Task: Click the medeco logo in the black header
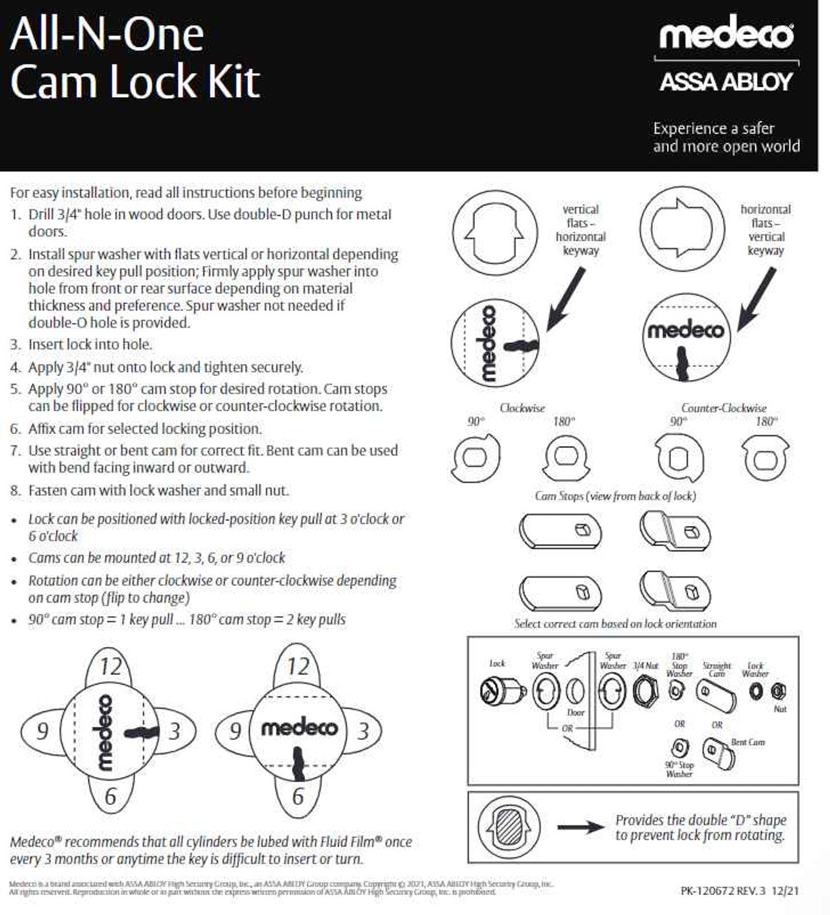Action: tap(725, 35)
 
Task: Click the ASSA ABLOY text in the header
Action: tap(726, 81)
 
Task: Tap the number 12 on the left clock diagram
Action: tap(110, 667)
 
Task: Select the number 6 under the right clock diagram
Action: tap(298, 796)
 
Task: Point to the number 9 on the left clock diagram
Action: tap(42, 731)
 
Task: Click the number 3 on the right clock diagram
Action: tap(364, 731)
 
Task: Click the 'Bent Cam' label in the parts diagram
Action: tap(747, 742)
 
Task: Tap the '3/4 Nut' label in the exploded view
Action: tap(646, 666)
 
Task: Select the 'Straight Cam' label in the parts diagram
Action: tap(716, 669)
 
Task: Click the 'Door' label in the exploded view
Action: tap(575, 713)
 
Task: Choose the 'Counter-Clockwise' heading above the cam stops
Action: tap(723, 408)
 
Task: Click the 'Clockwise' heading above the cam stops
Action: tap(522, 408)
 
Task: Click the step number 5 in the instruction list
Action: tap(15, 390)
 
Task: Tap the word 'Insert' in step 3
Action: tap(46, 345)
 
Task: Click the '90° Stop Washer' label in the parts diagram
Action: tap(679, 769)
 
